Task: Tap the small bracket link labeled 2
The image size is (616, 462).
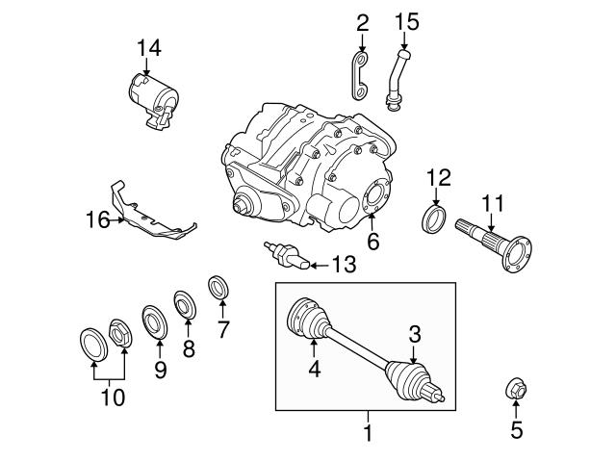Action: (x=358, y=75)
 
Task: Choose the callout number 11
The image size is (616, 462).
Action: (x=492, y=203)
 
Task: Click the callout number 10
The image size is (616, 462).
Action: (x=113, y=396)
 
